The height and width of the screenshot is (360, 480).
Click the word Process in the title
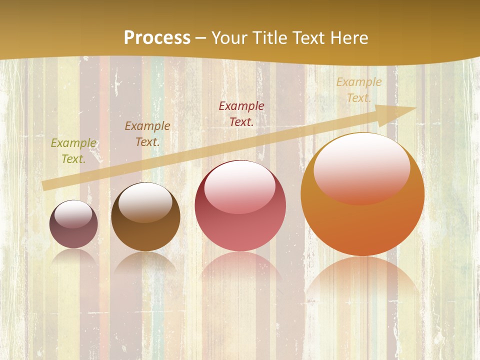(157, 38)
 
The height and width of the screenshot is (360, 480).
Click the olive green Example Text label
(73, 151)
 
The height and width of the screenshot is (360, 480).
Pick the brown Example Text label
(147, 134)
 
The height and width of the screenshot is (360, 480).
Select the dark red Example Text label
(241, 114)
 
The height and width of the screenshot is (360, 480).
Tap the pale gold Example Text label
(359, 90)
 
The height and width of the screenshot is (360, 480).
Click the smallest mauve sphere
(73, 232)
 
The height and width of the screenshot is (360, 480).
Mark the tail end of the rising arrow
(46, 185)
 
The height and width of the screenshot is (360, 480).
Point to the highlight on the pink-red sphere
(239, 186)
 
